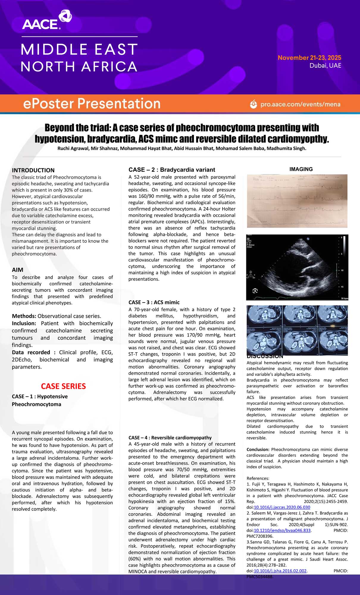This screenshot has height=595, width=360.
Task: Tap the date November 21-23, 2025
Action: [x=309, y=58]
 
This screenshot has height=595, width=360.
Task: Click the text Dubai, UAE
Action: [x=325, y=65]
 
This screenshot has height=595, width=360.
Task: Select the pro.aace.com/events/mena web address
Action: [x=300, y=104]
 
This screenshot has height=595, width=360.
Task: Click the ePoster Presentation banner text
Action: [x=92, y=104]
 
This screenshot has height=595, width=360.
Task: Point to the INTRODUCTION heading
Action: [x=33, y=170]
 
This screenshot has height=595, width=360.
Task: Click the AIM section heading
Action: [x=18, y=270]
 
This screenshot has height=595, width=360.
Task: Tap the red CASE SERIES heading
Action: [x=63, y=386]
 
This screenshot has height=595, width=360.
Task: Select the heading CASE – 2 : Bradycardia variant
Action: [x=172, y=170]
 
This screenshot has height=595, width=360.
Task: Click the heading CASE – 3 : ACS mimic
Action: [x=154, y=302]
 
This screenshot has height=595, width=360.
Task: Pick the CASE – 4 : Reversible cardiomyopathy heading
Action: [x=170, y=438]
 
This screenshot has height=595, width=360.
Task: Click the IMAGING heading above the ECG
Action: [x=301, y=169]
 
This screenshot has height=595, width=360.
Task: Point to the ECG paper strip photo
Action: [x=297, y=201]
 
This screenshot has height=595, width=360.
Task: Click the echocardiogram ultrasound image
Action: [x=297, y=267]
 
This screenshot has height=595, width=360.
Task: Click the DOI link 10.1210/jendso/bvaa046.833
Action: [x=282, y=530]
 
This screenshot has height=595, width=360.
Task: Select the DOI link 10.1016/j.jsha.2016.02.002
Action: [x=280, y=571]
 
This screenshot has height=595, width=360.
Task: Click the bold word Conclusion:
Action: [x=258, y=449]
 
